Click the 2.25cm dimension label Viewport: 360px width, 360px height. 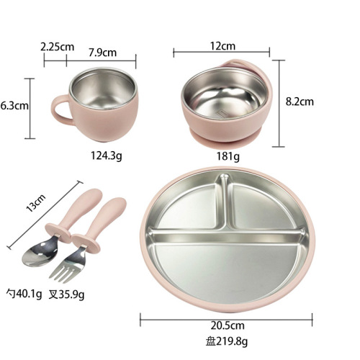57,47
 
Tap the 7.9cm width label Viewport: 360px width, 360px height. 103,53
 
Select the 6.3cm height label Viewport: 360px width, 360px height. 14,106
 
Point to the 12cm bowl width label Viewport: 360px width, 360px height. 222,46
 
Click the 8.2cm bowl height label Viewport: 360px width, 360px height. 300,102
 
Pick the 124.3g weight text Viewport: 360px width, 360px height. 107,156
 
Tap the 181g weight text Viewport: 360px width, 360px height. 228,157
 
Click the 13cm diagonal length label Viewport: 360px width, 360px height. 35,203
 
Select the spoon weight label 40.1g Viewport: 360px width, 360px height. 24,294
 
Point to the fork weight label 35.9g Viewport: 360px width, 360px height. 66,294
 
